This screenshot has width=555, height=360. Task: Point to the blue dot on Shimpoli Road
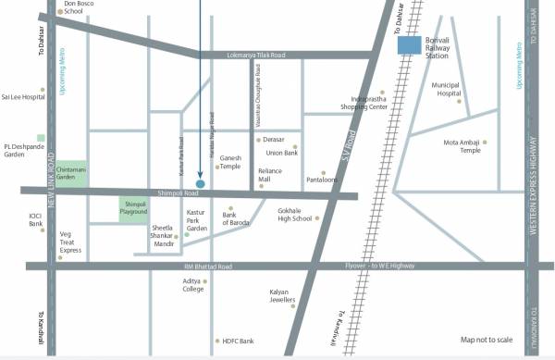pyautogui.click(x=201, y=183)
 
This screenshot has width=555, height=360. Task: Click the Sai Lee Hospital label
pyautogui.click(x=22, y=95)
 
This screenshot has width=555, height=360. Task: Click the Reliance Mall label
pyautogui.click(x=270, y=175)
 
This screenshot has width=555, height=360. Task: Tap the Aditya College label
pyautogui.click(x=192, y=284)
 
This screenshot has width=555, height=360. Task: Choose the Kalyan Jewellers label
pyautogui.click(x=283, y=296)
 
